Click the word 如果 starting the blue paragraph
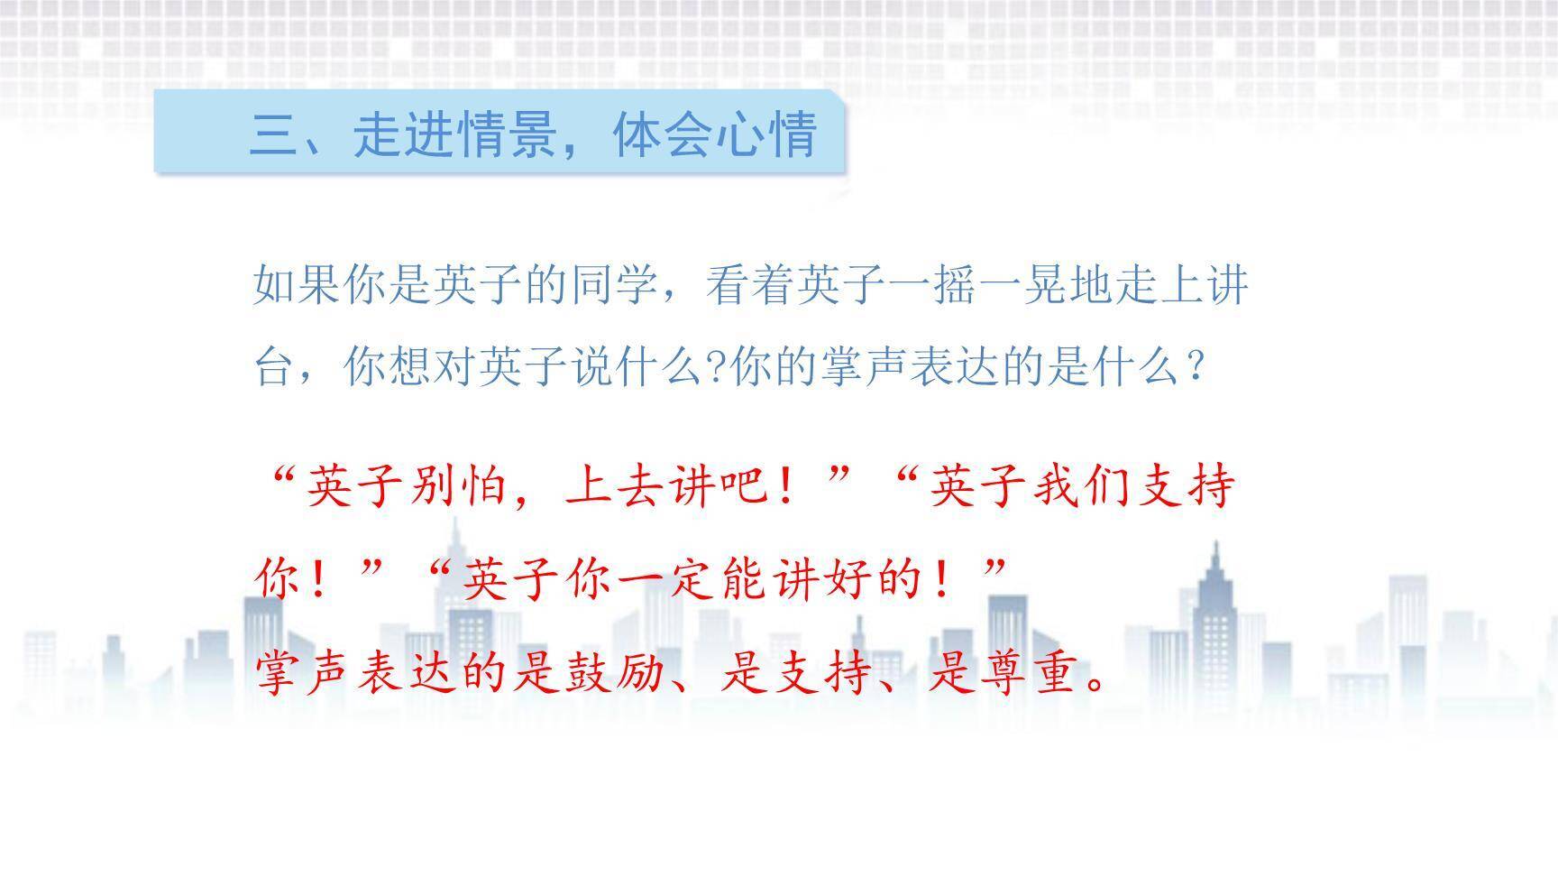pos(298,285)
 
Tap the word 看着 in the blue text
pos(750,285)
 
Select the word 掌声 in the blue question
pos(864,366)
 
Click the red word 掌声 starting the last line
pos(306,672)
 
